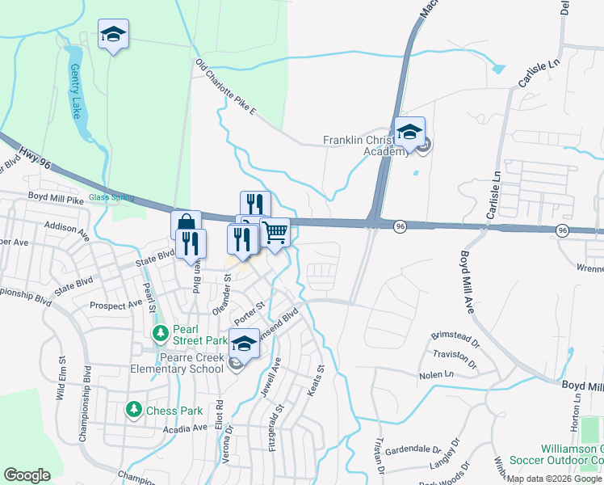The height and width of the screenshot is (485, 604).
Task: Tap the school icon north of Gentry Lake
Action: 114,35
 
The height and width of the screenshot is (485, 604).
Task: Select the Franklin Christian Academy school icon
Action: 409,132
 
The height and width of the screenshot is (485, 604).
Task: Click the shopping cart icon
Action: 275,233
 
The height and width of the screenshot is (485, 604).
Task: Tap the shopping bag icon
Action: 186,224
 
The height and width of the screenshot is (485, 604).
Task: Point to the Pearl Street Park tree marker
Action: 161,333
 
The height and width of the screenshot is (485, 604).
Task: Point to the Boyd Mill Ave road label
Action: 467,280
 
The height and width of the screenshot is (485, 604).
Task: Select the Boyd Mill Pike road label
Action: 56,197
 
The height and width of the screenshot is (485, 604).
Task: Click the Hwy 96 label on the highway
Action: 36,154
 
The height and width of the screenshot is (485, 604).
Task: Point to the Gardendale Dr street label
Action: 412,449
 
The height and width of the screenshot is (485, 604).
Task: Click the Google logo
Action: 27,475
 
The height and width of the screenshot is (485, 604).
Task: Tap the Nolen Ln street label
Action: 436,375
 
